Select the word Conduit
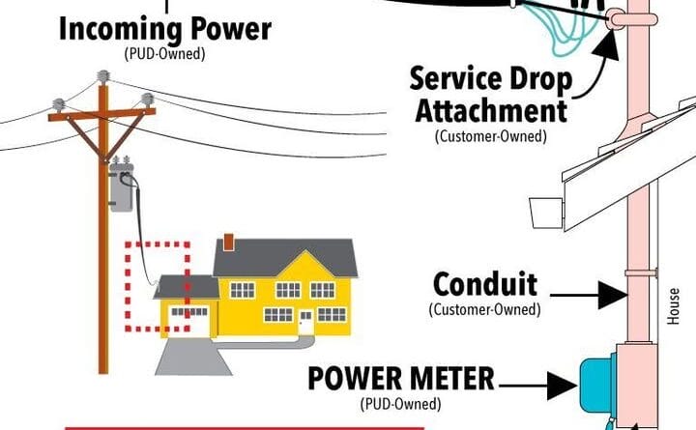click(x=484, y=286)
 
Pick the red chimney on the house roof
click(x=228, y=242)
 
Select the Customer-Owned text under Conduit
click(x=484, y=310)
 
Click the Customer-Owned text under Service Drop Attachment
click(x=490, y=136)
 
